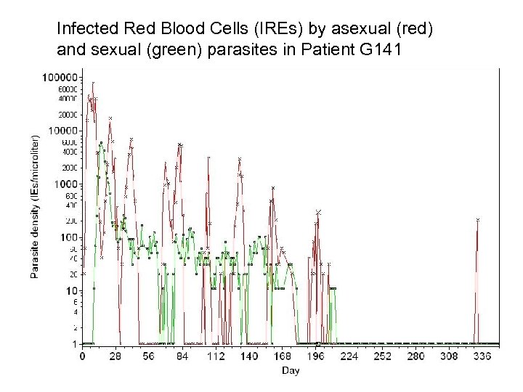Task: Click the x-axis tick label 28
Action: [x=115, y=356]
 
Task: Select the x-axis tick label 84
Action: [x=182, y=356]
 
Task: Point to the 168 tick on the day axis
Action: [x=283, y=356]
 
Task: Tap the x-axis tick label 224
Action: [x=350, y=356]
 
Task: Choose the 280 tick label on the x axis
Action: [x=416, y=356]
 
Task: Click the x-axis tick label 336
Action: [x=483, y=356]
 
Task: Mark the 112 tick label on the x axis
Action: [x=216, y=356]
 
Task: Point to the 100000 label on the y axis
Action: [x=61, y=76]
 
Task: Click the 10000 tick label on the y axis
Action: [x=63, y=130]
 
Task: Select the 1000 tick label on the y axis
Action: [x=65, y=184]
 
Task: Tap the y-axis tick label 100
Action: [x=68, y=237]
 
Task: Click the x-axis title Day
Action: [x=290, y=369]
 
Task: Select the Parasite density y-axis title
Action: [x=35, y=208]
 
